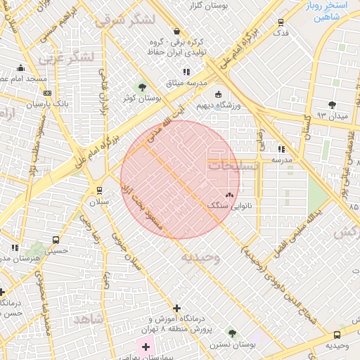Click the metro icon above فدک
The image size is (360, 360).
click(x=281, y=22)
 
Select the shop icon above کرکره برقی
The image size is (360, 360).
click(x=175, y=32)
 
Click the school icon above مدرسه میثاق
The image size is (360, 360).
click(x=186, y=72)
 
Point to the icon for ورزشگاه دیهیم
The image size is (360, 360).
click(x=218, y=95)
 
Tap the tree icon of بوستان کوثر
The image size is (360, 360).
click(x=143, y=87)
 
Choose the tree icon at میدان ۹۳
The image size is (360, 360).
click(x=332, y=104)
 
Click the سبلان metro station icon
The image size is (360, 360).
click(x=98, y=191)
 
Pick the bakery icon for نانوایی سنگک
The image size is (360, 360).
click(x=229, y=195)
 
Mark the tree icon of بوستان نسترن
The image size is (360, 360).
click(x=231, y=332)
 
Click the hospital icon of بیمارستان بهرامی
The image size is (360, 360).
click(x=146, y=347)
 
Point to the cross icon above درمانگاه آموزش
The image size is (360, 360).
click(x=176, y=308)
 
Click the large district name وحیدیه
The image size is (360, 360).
click(x=201, y=257)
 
